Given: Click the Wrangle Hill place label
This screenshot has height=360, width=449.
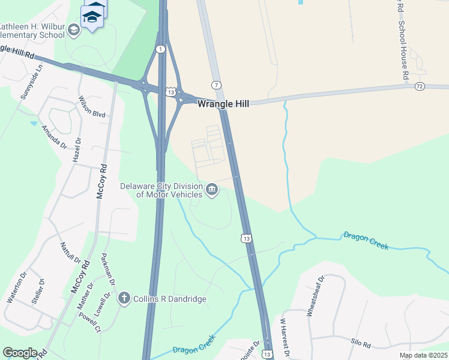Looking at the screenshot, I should coord(223,103).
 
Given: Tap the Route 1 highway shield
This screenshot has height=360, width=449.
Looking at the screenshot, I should coord(160,49).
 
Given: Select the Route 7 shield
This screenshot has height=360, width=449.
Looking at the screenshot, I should coord(215,85).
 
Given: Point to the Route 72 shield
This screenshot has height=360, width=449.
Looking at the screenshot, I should coord(420,87).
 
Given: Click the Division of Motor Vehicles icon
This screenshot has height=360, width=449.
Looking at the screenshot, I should coord(211,190).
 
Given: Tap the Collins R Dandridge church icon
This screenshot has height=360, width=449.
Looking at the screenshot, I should coord(124,298).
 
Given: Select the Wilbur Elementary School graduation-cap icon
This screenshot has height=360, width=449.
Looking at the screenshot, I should coord(74,30).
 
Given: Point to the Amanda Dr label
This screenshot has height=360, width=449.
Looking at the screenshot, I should coord(54,137).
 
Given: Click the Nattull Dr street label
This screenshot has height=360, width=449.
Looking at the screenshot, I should coord(70,253).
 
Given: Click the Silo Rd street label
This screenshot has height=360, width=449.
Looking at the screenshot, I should coord(362,345).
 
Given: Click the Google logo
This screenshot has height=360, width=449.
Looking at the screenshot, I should coord(20,353).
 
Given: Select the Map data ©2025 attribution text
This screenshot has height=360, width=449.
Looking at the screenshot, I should coord(423,355).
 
